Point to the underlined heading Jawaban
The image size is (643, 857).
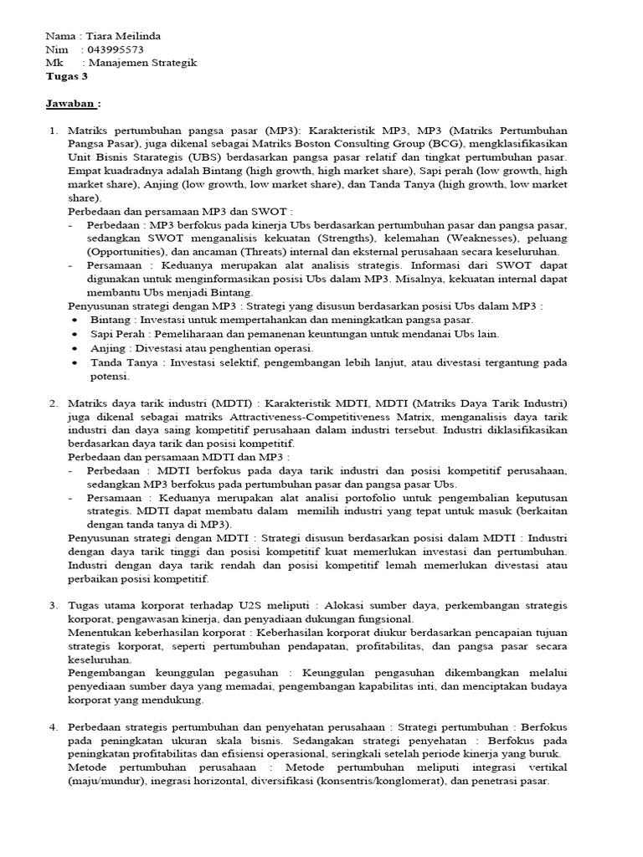(x=71, y=104)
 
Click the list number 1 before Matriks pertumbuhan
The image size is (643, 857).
(x=54, y=131)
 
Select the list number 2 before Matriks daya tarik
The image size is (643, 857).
(x=54, y=403)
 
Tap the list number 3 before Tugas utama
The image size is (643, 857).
(x=54, y=605)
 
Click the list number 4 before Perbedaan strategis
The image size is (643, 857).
(x=54, y=727)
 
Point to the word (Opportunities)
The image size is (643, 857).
(x=126, y=251)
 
